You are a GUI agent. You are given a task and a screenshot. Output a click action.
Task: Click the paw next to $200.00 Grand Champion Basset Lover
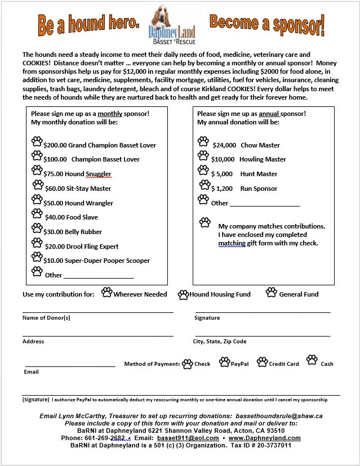37,141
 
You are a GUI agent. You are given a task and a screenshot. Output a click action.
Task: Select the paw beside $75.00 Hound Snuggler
37,170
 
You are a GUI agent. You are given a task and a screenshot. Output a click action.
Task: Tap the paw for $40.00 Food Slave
37,214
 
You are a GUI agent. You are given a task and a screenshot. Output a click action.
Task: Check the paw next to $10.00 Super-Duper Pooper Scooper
37,257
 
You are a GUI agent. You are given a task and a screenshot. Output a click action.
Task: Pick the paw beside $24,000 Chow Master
203,141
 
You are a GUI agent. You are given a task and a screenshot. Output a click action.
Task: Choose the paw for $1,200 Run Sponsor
203,185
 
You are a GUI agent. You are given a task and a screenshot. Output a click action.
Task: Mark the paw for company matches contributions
205,222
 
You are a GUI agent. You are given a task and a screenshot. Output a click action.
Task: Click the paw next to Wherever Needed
106,292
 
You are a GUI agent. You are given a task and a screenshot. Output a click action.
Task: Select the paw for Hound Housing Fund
184,294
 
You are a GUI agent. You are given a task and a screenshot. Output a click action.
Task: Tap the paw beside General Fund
272,292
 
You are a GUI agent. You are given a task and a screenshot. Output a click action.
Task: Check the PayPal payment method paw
224,362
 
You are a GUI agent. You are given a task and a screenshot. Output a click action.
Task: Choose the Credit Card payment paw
262,362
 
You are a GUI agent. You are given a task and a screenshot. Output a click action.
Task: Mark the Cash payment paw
312,360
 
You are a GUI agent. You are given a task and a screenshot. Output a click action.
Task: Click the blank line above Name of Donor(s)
98,312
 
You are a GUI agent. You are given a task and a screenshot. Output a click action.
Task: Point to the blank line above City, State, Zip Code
263,335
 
